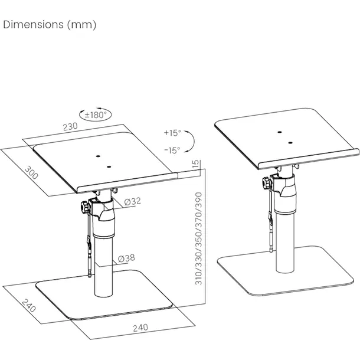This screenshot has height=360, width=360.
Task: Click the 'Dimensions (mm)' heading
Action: click(50, 25)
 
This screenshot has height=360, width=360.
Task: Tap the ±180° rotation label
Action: click(96, 115)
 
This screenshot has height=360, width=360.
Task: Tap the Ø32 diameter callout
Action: click(132, 202)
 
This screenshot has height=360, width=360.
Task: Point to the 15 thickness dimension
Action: click(195, 164)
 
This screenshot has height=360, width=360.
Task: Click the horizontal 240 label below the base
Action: click(140, 326)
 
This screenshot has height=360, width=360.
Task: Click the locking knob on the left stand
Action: click(86, 208)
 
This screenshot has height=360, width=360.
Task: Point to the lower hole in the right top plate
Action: click(290, 142)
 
